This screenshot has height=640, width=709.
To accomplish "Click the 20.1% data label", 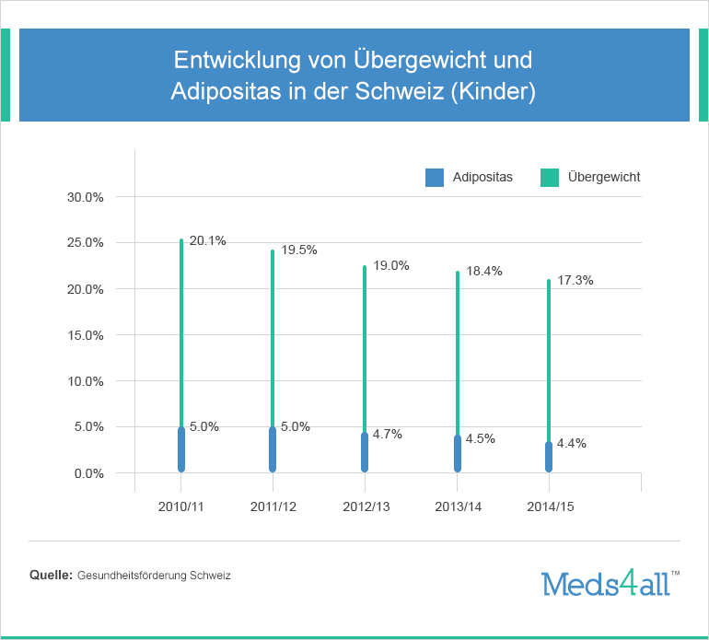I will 207,241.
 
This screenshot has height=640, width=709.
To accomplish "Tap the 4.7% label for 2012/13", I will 388,435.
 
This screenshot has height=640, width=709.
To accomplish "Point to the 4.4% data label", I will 572,443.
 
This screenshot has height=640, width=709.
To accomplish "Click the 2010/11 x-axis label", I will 181,506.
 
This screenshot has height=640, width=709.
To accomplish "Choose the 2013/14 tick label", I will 458,506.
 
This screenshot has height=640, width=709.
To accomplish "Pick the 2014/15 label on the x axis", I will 550,506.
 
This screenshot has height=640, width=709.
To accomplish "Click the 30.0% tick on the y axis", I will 86,197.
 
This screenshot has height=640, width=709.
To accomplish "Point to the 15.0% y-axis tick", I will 86,335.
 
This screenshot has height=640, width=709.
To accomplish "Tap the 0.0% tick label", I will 88,473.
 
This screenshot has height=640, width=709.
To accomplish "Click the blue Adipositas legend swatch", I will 435,178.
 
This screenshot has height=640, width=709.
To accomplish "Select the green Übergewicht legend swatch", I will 550,178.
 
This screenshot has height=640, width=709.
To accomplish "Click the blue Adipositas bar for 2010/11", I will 181,450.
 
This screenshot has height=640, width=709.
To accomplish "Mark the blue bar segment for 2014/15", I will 549,458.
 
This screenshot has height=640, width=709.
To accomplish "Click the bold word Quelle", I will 51,576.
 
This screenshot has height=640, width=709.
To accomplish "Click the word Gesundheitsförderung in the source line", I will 133,576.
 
